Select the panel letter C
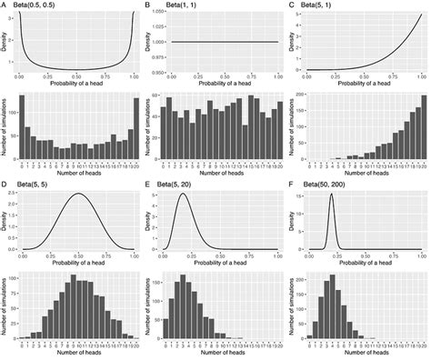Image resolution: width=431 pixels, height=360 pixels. tap(293, 5)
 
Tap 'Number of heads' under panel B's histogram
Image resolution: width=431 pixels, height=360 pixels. tap(217, 173)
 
